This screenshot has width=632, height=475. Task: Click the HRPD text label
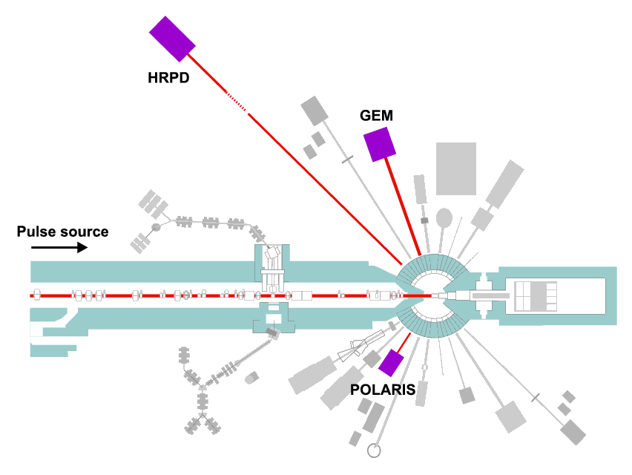(168, 78)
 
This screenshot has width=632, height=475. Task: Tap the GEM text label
(376, 116)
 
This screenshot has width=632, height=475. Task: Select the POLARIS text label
(383, 390)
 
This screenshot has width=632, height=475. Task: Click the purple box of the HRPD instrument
(173, 39)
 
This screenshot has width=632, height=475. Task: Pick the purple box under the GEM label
(380, 144)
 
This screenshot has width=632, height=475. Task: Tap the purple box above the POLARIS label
(391, 363)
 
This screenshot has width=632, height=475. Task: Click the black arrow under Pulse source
(59, 247)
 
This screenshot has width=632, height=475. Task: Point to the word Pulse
(36, 232)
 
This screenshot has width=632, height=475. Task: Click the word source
(84, 232)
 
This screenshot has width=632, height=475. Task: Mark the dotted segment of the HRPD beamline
(237, 102)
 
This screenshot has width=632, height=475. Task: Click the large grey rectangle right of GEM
(456, 168)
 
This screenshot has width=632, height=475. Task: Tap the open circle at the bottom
(374, 451)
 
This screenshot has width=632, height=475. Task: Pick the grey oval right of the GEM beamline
(444, 217)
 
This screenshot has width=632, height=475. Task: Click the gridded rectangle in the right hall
(536, 296)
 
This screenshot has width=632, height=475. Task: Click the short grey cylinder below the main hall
(251, 378)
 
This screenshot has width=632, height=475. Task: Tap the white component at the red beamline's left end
(36, 295)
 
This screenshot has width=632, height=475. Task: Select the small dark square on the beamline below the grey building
(424, 220)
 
